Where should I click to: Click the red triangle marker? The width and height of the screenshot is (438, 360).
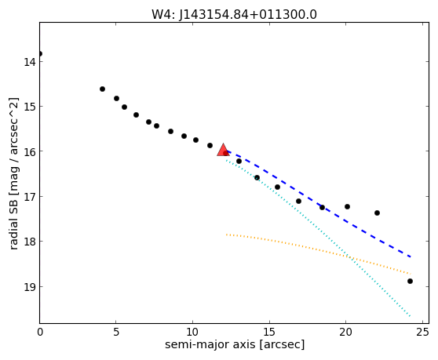click(x=223, y=150)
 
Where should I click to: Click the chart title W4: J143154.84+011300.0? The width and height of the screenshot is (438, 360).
click(x=234, y=15)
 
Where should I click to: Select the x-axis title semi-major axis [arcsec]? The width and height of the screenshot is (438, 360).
click(x=235, y=344)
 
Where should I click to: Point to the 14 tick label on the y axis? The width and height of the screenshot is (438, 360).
click(x=30, y=62)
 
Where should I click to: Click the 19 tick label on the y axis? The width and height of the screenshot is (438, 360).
click(x=30, y=287)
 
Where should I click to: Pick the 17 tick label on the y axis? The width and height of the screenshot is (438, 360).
click(x=30, y=197)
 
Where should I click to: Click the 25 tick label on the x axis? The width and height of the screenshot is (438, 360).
click(x=422, y=332)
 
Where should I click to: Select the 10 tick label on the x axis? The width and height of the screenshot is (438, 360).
click(x=192, y=332)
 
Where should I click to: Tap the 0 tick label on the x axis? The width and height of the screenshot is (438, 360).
click(x=40, y=332)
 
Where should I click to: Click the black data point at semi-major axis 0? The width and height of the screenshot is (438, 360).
click(x=40, y=53)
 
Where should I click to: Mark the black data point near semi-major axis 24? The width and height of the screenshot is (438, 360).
click(x=410, y=281)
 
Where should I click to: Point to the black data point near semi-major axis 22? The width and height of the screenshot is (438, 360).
click(x=377, y=213)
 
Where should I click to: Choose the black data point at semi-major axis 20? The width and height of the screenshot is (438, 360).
click(x=347, y=206)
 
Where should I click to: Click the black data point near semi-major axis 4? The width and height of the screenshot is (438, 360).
click(x=102, y=89)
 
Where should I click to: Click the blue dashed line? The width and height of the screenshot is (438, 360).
click(x=319, y=203)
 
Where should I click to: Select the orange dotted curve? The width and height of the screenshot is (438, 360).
click(x=319, y=249)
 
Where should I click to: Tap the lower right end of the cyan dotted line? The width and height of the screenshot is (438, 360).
click(x=410, y=316)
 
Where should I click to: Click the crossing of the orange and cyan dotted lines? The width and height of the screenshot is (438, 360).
click(x=351, y=258)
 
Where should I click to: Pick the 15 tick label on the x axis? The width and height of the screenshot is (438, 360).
click(x=269, y=332)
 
